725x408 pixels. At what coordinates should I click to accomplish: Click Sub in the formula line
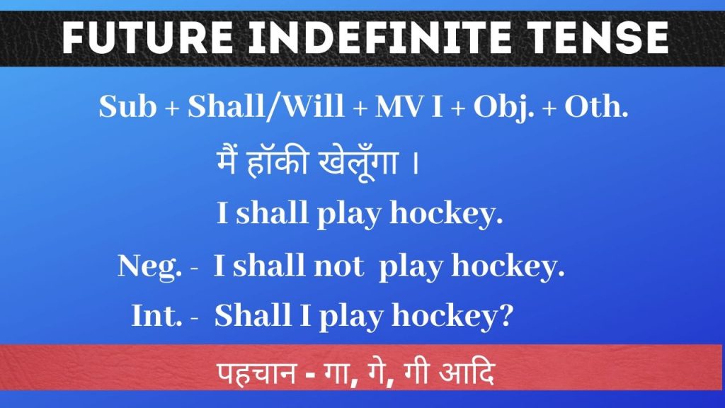(x=127, y=106)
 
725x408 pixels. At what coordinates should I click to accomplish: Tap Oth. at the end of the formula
(x=596, y=106)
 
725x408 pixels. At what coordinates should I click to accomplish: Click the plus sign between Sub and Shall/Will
(x=172, y=108)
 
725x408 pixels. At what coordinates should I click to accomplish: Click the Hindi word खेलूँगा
(x=358, y=164)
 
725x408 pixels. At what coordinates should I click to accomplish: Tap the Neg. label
(x=150, y=267)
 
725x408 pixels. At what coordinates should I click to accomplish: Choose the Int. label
(x=156, y=315)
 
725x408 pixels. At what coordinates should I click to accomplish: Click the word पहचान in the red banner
(x=257, y=373)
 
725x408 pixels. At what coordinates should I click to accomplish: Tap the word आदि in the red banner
(x=467, y=371)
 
